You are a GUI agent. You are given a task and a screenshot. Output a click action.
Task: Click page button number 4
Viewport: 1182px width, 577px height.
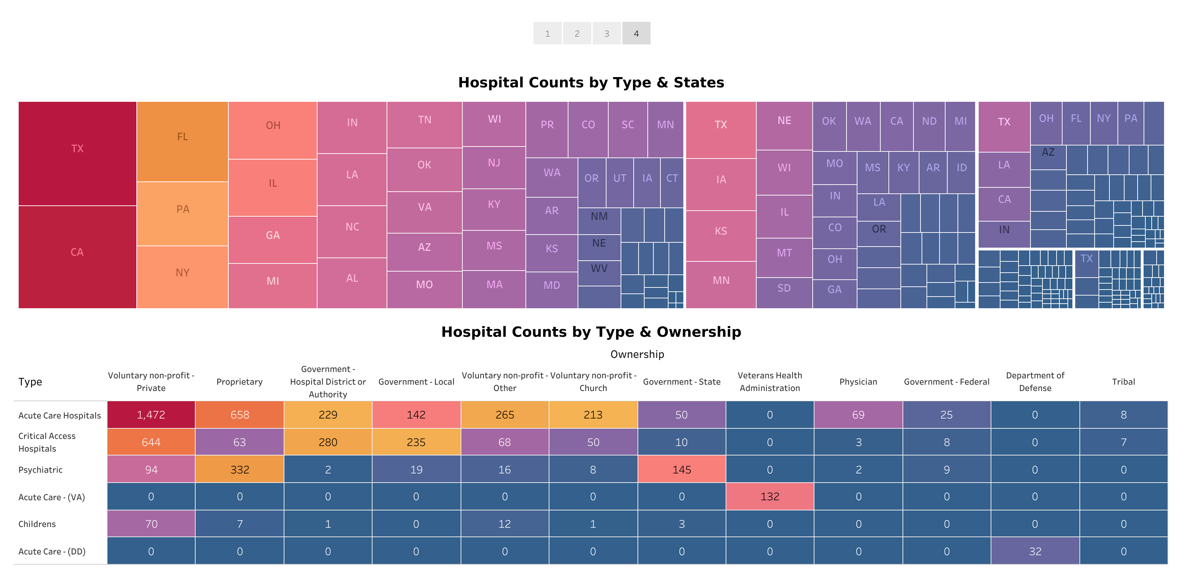coord(636,33)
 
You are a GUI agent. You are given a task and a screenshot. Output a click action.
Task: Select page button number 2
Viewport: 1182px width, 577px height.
coord(577,33)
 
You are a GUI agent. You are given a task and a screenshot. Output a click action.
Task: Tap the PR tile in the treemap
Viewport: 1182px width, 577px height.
coord(547,125)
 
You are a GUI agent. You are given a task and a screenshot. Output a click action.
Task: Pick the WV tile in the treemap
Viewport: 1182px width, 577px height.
coord(599,269)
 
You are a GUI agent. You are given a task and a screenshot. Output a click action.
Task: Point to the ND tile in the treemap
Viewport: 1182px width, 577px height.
coord(929,122)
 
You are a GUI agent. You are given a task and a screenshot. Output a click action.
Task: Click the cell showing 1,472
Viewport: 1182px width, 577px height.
coord(151,415)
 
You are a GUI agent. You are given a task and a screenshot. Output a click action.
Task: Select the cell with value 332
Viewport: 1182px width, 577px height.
coord(240,470)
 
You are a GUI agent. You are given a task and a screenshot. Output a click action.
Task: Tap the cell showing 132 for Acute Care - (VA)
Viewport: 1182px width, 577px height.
coord(769,497)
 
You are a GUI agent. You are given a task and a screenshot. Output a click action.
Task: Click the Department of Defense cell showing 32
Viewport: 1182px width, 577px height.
coord(1035,551)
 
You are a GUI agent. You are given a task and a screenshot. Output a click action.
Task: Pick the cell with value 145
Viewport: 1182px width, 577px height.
coord(681,470)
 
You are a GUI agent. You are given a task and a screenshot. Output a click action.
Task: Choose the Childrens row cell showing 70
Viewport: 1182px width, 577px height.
coord(151,524)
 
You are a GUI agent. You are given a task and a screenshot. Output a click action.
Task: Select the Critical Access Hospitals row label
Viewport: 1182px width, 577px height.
coord(47,442)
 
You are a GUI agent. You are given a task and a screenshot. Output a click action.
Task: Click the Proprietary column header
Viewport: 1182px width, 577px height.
coord(240,381)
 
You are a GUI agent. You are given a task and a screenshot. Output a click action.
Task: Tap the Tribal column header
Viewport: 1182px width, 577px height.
coord(1123,381)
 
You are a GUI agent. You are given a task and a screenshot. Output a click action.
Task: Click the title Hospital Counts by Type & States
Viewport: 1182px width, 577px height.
coord(591,82)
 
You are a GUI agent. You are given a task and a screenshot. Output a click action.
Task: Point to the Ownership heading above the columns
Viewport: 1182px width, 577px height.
coord(637,354)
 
